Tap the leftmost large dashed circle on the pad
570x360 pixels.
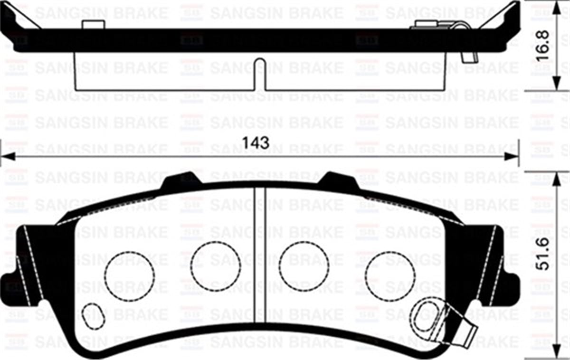tap(129, 276)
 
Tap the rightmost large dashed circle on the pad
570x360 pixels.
tap(390, 276)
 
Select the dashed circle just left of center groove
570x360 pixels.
tap(216, 265)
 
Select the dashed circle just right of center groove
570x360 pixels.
tap(304, 265)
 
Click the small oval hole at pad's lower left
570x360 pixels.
tap(93, 316)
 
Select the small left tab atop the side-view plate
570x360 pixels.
tap(93, 25)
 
